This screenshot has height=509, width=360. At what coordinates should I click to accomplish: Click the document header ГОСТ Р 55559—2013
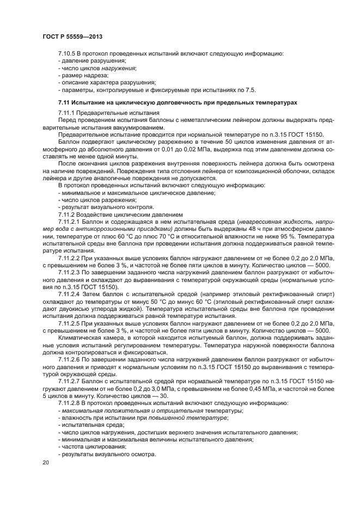click(x=72, y=36)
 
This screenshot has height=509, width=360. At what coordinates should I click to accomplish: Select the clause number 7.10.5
click(x=68, y=54)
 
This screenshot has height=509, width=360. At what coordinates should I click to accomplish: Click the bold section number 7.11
click(x=64, y=102)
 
